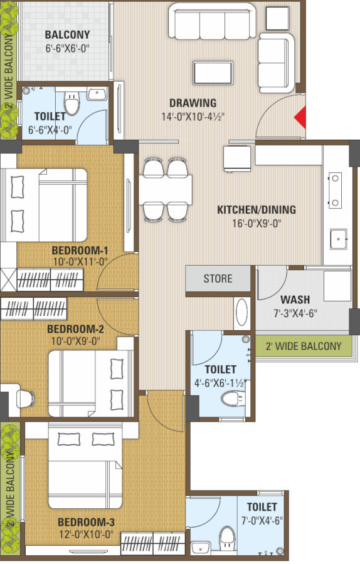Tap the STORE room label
(218, 278)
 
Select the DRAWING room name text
(193, 103)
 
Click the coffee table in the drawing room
(213, 73)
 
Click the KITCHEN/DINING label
(257, 209)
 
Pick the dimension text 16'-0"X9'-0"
(257, 223)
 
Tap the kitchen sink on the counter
(339, 239)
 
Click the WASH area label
(295, 300)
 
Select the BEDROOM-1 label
(80, 250)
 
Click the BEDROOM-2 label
(76, 329)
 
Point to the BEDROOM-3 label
(86, 522)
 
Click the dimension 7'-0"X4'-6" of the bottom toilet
(262, 521)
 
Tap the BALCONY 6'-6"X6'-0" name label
(67, 35)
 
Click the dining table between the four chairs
(165, 189)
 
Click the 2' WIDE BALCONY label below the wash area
(304, 346)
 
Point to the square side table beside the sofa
(278, 18)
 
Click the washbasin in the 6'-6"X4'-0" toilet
(97, 94)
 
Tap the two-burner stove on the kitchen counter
(335, 191)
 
